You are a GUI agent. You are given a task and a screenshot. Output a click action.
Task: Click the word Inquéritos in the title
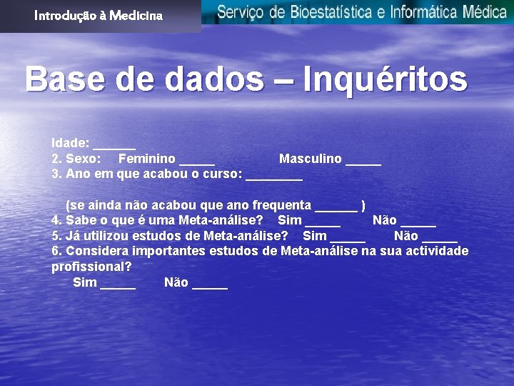pyautogui.click(x=385, y=79)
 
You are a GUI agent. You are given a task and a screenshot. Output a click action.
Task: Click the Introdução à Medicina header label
pyautogui.click(x=99, y=15)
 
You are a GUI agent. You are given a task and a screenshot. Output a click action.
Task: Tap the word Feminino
pyautogui.click(x=147, y=159)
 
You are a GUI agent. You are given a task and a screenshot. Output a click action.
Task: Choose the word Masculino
pyautogui.click(x=311, y=159)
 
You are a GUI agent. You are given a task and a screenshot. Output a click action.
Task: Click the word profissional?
pyautogui.click(x=91, y=267)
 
